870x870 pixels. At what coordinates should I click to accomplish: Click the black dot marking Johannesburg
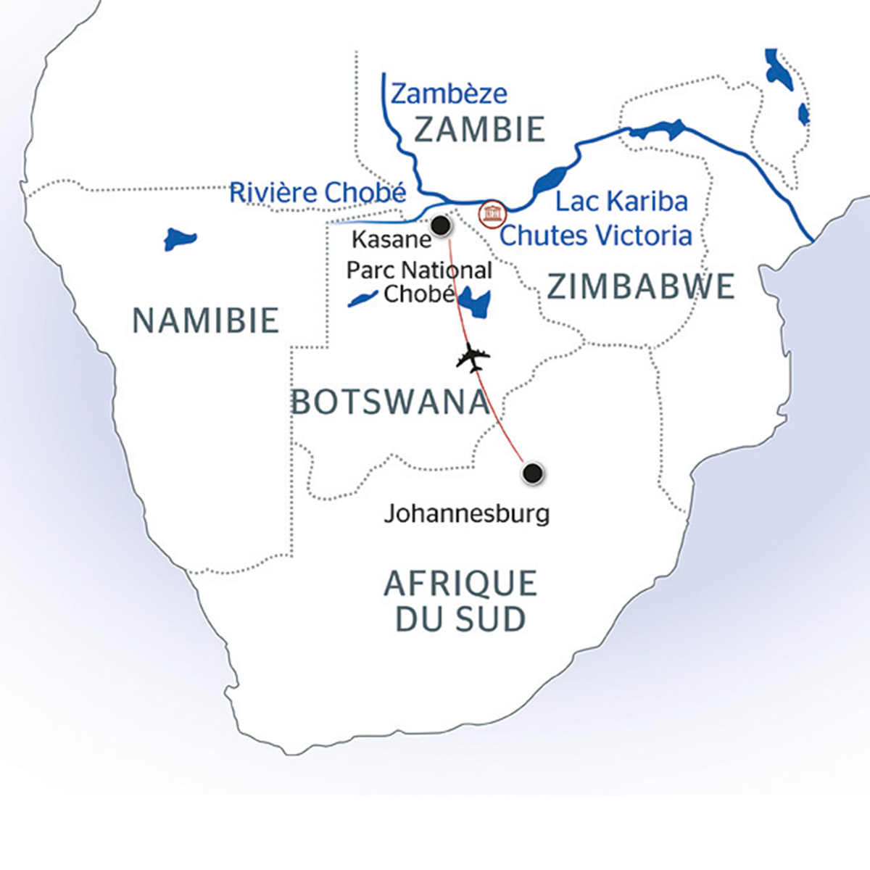click(533, 473)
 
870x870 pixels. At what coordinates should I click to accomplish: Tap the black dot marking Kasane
click(440, 226)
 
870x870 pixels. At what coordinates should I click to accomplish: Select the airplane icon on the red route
click(473, 357)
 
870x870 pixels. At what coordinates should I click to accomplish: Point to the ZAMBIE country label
click(478, 130)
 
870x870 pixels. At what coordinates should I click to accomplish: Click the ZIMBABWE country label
click(641, 287)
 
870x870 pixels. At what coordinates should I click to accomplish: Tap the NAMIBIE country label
click(206, 320)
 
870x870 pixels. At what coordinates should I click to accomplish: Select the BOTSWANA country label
click(390, 402)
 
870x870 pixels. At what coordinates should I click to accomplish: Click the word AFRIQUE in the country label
click(460, 584)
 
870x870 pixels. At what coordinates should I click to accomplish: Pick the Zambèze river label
click(449, 94)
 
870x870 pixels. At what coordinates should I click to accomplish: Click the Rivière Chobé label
click(317, 193)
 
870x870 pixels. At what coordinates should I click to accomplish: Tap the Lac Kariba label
click(621, 201)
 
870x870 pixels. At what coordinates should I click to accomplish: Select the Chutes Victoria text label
click(596, 235)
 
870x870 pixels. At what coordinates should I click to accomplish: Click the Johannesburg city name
click(466, 514)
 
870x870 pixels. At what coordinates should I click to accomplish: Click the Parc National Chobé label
click(419, 281)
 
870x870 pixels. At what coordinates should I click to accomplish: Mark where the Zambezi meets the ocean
click(812, 239)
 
